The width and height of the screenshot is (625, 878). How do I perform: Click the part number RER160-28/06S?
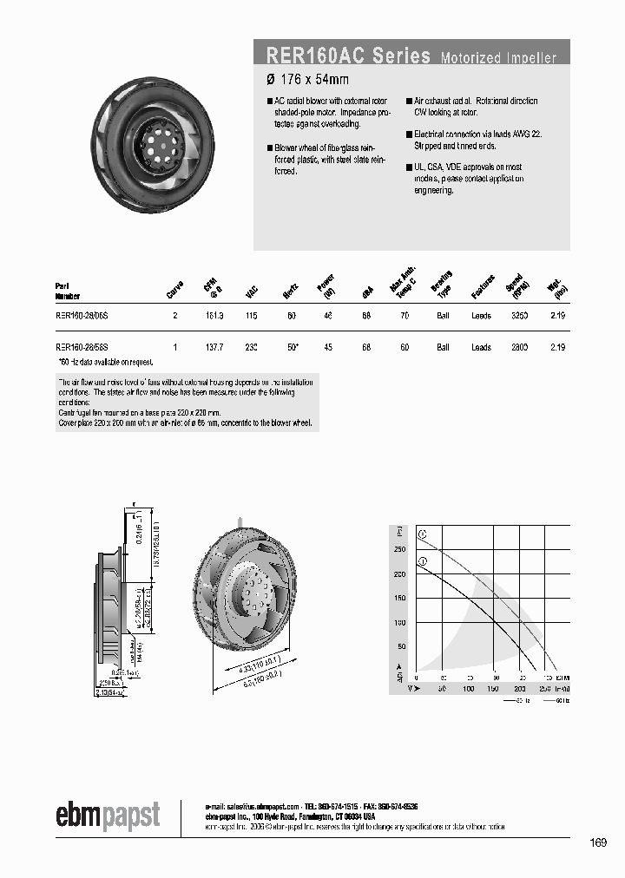[x=82, y=317]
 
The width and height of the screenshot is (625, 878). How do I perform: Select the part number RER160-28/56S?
[x=82, y=347]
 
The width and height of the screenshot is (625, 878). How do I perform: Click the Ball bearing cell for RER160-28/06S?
[x=443, y=317]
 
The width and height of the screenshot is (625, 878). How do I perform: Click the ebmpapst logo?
[x=109, y=815]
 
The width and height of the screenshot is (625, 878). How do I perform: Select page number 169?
[x=597, y=842]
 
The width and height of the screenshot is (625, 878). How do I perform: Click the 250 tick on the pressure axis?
[x=400, y=549]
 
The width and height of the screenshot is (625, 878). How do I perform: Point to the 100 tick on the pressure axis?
[x=400, y=623]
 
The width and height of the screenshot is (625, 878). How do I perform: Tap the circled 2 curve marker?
[x=423, y=534]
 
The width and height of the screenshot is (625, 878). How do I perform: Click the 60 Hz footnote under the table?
[x=105, y=362]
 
